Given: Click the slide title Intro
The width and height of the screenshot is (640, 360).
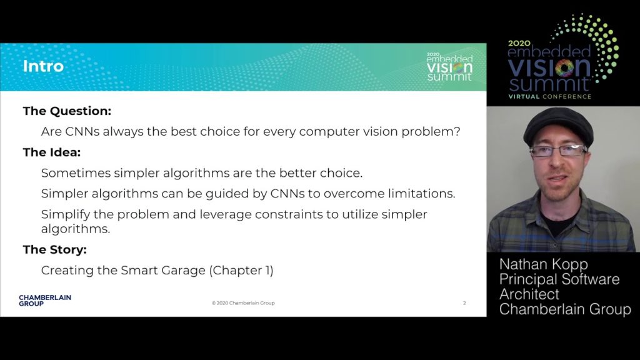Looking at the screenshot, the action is [x=43, y=66].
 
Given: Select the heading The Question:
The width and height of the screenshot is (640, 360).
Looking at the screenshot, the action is [x=67, y=111].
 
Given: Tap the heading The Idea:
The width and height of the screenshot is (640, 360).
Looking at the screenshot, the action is [x=52, y=152].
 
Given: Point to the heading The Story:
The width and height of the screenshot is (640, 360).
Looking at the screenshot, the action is [x=55, y=249].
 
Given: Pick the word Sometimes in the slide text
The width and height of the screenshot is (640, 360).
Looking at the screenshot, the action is [x=76, y=173].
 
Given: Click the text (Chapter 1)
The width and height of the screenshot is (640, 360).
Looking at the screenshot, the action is [x=241, y=270].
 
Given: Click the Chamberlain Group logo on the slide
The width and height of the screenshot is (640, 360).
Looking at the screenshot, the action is [x=45, y=301].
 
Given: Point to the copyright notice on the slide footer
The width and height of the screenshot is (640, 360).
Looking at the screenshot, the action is [x=243, y=303].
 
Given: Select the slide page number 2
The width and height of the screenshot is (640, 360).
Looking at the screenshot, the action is [x=464, y=303].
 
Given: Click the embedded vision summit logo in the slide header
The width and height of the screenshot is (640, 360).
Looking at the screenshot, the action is [x=449, y=66].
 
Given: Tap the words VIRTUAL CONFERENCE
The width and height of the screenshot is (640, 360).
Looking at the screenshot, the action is [x=550, y=97].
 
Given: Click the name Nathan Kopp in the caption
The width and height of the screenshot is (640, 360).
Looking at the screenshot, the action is [x=544, y=264].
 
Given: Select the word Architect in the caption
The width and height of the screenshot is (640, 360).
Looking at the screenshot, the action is [x=529, y=294].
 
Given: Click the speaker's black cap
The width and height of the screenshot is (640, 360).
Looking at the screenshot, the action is [x=558, y=126].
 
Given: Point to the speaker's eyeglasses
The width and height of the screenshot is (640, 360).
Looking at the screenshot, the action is [x=558, y=151].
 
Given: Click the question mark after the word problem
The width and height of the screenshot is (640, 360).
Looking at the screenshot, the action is [x=457, y=131].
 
